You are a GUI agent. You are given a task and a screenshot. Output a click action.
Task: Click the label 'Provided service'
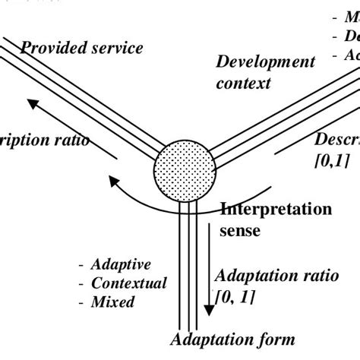pyautogui.click(x=81, y=48)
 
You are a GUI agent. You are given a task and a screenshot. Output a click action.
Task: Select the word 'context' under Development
pyautogui.click(x=243, y=83)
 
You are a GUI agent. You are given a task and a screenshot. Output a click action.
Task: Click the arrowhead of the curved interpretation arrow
pyautogui.click(x=115, y=181)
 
